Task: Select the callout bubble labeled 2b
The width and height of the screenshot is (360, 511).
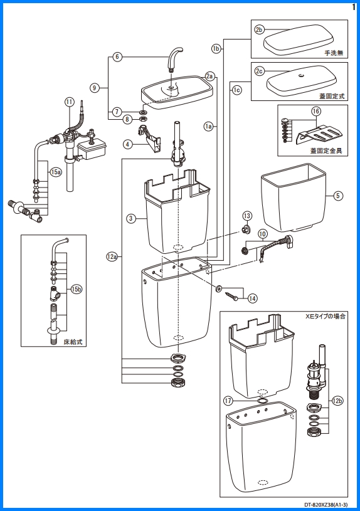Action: pos(260,29)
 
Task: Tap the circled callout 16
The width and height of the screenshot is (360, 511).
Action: pos(316,111)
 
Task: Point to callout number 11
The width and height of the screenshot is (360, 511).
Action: pos(69,102)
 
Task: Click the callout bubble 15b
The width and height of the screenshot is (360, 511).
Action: pos(76,289)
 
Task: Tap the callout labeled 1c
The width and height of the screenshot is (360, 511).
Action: pos(236,90)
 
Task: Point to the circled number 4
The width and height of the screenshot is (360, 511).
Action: pos(127,144)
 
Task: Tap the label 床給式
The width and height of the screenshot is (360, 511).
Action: pos(73,342)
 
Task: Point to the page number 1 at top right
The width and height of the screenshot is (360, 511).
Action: pos(354,6)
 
